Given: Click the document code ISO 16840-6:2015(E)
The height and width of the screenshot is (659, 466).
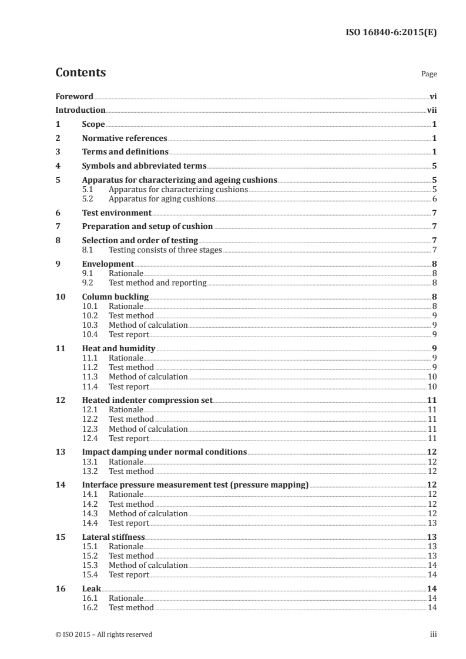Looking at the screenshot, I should point(391,33).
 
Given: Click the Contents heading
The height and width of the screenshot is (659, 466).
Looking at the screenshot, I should point(81,73).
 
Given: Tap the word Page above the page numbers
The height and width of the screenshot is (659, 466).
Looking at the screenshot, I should point(428,75).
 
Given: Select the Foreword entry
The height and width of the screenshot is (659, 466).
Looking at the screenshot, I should point(74,96).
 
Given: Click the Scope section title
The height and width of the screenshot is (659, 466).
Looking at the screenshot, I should point(93,125).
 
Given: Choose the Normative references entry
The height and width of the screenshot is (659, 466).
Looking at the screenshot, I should point(125,139).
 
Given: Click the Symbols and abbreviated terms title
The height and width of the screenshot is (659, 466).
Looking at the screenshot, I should point(144,166).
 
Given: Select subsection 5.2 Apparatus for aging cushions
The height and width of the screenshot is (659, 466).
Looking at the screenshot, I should point(162,199).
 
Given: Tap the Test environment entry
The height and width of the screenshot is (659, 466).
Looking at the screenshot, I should point(117,213).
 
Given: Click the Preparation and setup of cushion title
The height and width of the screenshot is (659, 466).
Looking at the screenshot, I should point(147,227).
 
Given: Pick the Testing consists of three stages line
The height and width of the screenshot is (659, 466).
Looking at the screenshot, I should point(165,250).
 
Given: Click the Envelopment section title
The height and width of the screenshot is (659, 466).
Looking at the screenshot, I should point(108,264).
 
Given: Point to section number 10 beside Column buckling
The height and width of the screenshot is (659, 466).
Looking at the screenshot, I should point(60,297).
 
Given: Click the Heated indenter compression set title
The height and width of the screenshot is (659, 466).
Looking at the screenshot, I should point(147,400).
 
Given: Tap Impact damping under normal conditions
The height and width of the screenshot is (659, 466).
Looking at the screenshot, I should point(165,452).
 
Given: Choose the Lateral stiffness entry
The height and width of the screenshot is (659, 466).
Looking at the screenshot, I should point(113,537).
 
